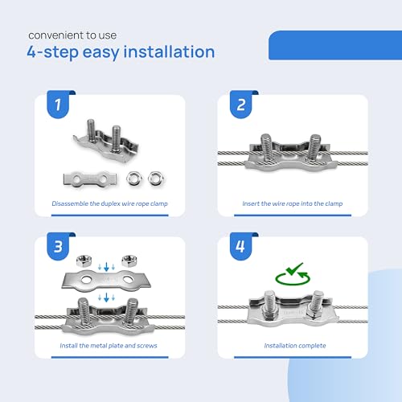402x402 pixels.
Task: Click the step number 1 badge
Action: [58, 105]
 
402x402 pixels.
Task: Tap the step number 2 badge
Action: [241, 105]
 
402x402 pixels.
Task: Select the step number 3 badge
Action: [58, 246]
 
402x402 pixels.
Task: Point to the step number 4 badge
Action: [241, 246]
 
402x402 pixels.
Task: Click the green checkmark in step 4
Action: [294, 269]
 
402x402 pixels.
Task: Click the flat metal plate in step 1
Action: [90, 178]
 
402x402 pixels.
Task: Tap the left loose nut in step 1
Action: [133, 178]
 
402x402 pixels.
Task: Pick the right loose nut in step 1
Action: [155, 178]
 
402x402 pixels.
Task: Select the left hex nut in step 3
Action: [84, 260]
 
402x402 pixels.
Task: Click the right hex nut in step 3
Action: [129, 260]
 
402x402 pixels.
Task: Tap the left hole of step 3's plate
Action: [86, 280]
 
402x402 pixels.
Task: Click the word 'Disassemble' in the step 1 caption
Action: [70, 203]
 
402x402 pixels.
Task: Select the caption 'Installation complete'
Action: [295, 346]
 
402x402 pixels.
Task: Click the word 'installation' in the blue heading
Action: [169, 52]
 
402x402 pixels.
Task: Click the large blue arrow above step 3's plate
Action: [106, 267]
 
